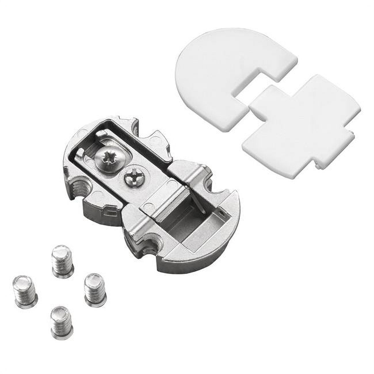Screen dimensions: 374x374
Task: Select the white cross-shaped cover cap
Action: coord(302,127)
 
